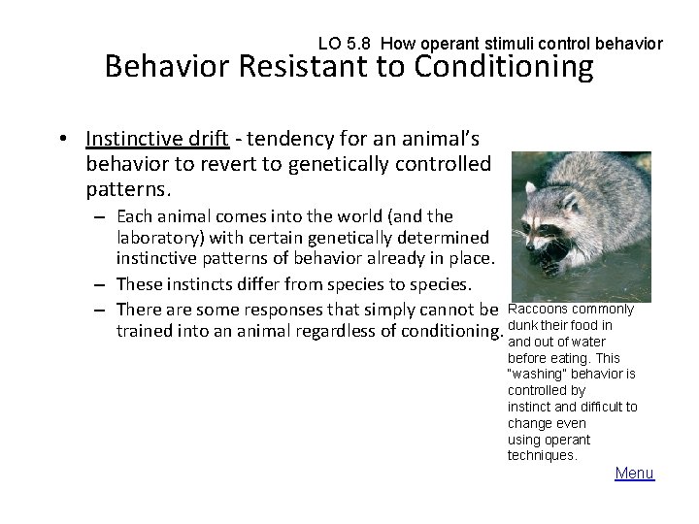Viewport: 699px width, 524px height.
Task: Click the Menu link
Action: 635,473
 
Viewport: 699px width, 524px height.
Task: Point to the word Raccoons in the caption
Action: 536,310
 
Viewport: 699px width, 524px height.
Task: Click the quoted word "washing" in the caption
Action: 538,375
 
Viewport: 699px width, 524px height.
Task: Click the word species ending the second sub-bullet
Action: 438,283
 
